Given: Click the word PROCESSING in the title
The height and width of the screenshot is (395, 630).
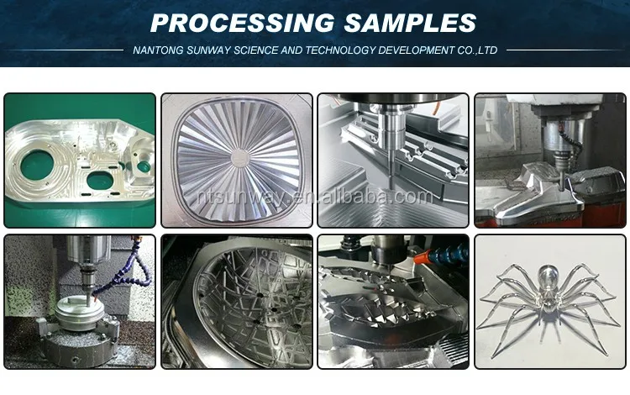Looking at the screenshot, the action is (x=242, y=23).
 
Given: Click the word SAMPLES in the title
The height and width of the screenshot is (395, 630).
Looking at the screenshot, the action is (x=410, y=23).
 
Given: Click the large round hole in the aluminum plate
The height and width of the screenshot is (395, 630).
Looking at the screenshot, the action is (x=37, y=165).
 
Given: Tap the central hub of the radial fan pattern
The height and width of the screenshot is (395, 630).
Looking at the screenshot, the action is (x=240, y=157).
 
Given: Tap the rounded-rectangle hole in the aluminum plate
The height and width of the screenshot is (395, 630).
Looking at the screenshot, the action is (x=100, y=180).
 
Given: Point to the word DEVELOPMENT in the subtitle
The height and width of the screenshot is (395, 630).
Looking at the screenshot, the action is (x=416, y=50).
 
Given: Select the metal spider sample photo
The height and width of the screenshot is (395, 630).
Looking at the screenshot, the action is (x=550, y=302).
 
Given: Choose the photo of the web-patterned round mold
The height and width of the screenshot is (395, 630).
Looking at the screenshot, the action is (x=237, y=302).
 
